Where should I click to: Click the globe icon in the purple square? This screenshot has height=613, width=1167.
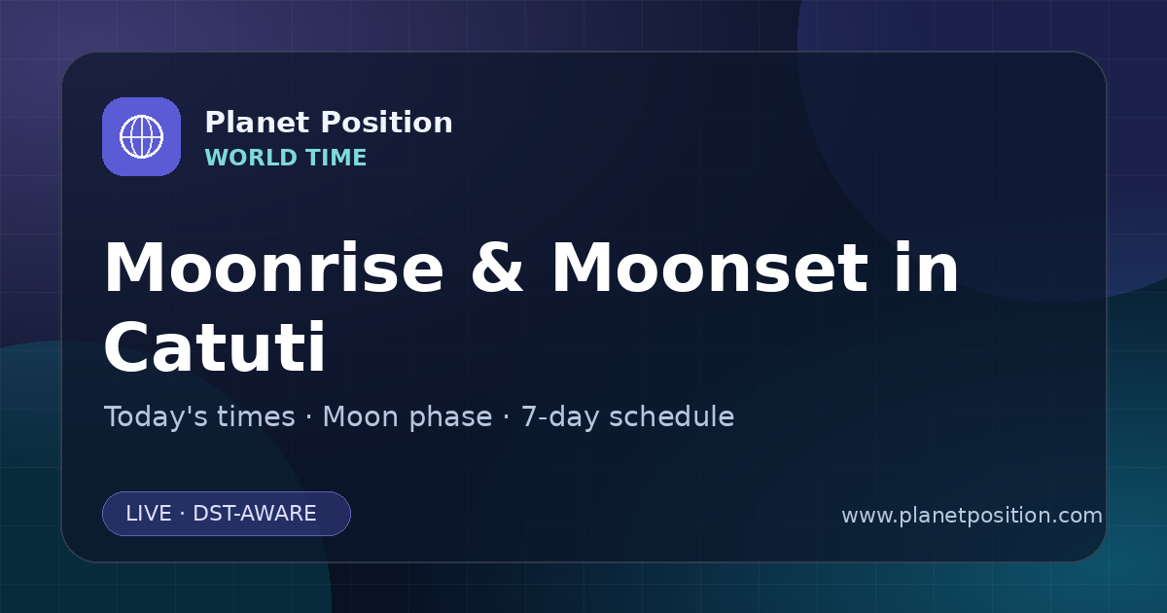tap(142, 136)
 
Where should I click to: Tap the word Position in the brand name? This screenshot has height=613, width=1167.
tap(387, 123)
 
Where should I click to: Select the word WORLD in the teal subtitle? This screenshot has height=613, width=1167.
tap(251, 158)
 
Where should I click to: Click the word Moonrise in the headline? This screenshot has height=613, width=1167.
tap(274, 268)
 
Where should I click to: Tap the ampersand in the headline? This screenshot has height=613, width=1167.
tap(497, 268)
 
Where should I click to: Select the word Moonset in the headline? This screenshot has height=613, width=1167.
tap(710, 268)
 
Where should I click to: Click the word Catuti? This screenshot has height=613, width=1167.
tap(215, 346)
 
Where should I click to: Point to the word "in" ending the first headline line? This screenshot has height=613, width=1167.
tap(926, 267)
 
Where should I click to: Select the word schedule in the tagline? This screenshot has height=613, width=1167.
tap(672, 416)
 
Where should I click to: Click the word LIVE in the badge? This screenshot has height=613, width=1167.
tap(149, 514)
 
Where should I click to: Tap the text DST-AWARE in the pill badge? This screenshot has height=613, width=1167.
tap(254, 514)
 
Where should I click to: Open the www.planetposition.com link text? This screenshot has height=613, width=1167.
tap(972, 516)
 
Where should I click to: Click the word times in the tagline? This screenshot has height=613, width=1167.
tap(256, 416)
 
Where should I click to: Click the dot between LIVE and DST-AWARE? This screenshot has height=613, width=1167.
tap(182, 514)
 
